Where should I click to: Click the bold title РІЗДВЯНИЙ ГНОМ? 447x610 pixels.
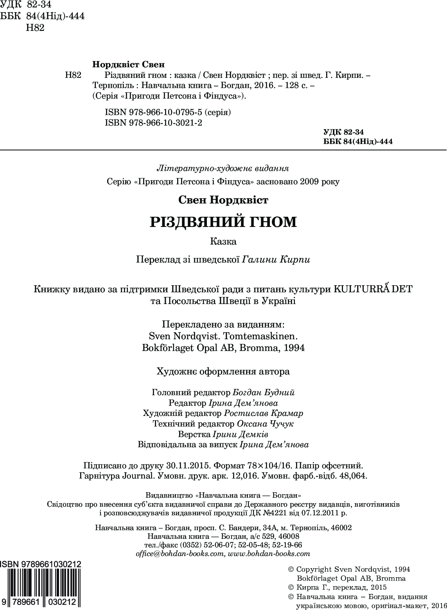point(223,222)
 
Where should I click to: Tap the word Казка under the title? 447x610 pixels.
point(223,241)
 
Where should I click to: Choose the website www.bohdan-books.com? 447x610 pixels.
point(269,554)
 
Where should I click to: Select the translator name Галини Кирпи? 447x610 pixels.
point(276,260)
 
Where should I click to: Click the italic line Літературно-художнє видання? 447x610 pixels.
point(223,169)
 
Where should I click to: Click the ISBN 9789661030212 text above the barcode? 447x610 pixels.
point(41,564)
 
